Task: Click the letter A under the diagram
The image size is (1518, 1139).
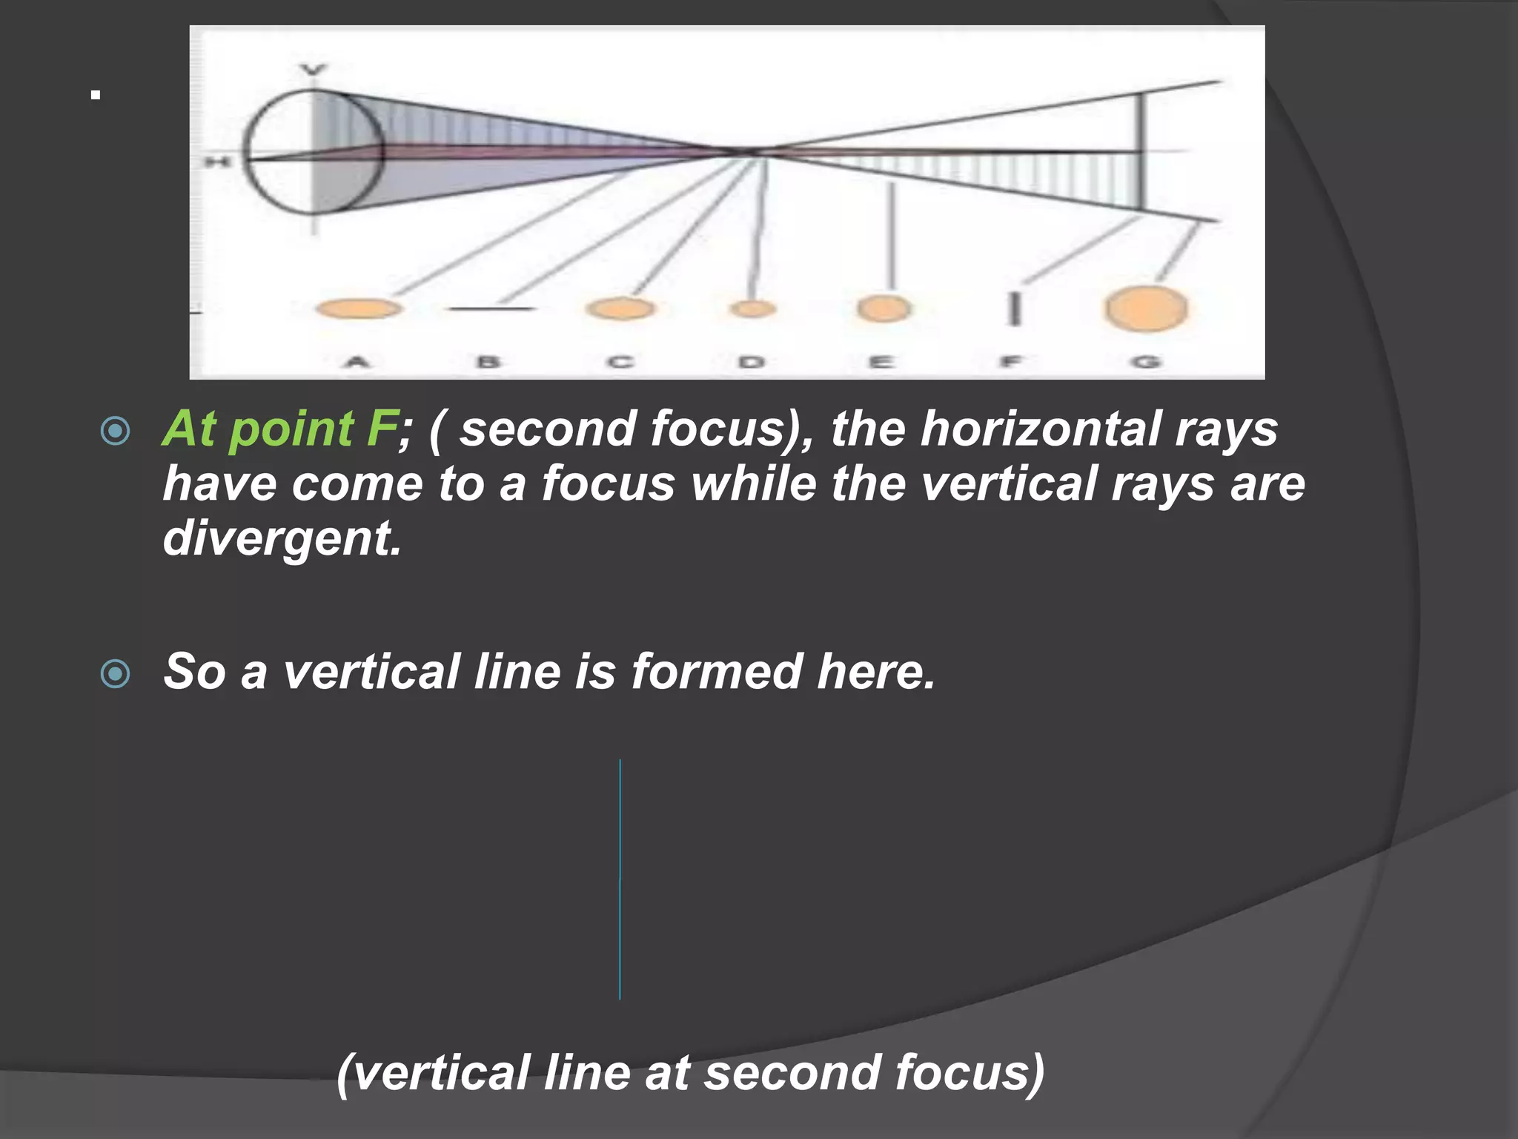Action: click(357, 363)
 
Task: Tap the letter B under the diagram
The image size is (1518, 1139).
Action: click(488, 363)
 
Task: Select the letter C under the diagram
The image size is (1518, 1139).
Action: click(620, 363)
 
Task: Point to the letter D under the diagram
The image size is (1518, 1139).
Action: click(752, 363)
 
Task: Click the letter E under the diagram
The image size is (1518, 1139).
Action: click(881, 363)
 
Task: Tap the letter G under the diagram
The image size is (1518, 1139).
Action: click(1146, 363)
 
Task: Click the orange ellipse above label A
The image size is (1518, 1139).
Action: click(359, 308)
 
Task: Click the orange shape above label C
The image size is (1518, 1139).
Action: click(620, 308)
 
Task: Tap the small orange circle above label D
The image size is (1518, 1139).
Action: click(752, 308)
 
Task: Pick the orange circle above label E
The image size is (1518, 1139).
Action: click(884, 308)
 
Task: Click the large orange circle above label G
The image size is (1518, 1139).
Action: click(1146, 308)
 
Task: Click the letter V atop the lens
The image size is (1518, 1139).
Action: click(314, 70)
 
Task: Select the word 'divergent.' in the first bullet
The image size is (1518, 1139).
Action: click(282, 538)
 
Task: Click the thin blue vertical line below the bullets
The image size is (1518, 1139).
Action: click(620, 879)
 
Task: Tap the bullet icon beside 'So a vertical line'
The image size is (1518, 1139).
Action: click(115, 674)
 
